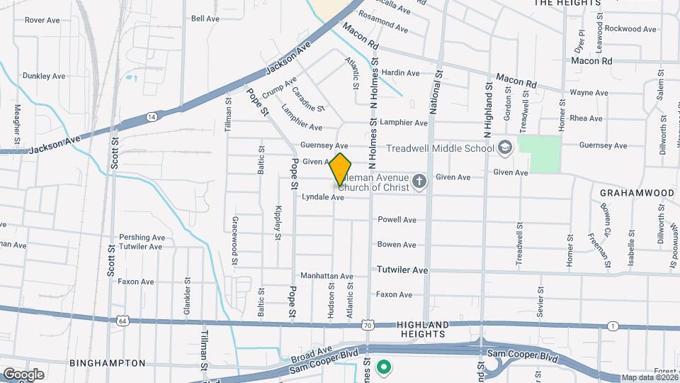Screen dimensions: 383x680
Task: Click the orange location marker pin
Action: click(341, 169)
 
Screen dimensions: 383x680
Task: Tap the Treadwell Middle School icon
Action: click(504, 148)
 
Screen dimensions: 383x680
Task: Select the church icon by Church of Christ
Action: click(419, 182)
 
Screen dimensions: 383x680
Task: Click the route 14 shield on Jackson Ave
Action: click(152, 116)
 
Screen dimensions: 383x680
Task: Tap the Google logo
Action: click(23, 374)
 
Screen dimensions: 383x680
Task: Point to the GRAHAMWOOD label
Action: click(636, 193)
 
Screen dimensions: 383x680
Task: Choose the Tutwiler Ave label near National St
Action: click(402, 270)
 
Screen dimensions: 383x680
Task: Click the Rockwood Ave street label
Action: click(630, 29)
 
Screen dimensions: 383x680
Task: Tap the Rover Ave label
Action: click(42, 21)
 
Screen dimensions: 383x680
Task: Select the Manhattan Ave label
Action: click(327, 276)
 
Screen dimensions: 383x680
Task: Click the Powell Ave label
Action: click(397, 220)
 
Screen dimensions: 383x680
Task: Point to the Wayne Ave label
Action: click(589, 93)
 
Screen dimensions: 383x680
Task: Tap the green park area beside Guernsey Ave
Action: click(539, 154)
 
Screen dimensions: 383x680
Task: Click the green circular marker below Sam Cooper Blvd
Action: click(384, 367)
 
